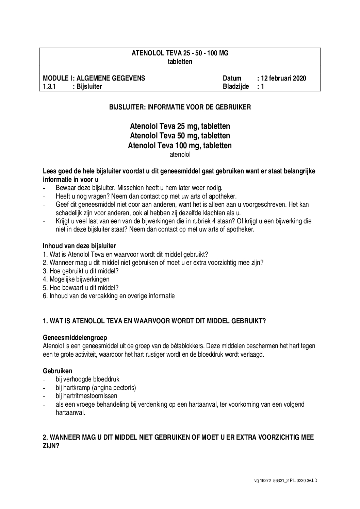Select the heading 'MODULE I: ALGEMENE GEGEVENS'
(x=94, y=79)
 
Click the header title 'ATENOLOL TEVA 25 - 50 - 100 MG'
(x=180, y=53)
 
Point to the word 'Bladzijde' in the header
(x=236, y=87)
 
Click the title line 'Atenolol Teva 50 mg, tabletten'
(x=180, y=136)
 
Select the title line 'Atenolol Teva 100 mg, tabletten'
(x=180, y=146)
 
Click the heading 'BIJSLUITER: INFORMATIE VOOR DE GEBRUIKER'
(x=180, y=107)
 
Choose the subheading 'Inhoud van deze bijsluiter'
(x=79, y=245)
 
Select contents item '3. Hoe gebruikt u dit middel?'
(x=81, y=271)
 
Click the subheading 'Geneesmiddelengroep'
(x=75, y=338)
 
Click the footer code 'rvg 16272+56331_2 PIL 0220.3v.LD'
(x=285, y=481)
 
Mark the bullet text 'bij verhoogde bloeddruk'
(x=87, y=379)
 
